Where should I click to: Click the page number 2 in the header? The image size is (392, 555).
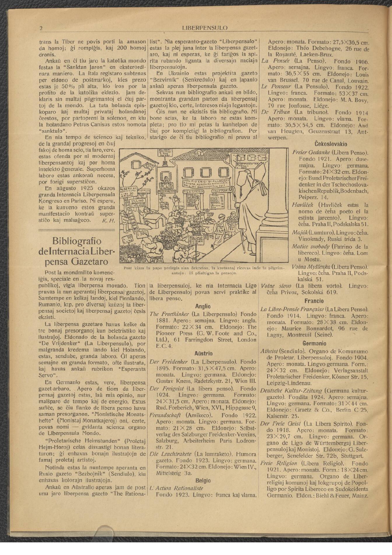click(41, 28)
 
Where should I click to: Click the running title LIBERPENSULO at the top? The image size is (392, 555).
click(205, 28)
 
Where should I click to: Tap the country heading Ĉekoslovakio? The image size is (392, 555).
click(331, 144)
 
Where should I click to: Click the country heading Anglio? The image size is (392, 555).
click(203, 306)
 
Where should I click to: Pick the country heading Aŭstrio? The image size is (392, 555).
click(203, 354)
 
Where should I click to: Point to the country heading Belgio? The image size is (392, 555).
click(203, 481)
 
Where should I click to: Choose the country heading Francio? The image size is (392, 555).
click(314, 301)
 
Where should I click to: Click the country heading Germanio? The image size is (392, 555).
click(314, 343)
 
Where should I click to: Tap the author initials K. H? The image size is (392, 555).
click(108, 221)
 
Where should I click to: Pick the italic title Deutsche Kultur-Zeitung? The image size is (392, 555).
click(291, 391)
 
